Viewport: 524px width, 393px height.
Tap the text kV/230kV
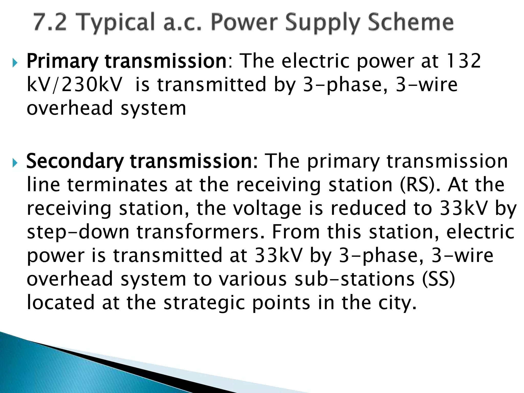point(74,85)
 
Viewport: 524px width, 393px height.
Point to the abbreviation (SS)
point(438,279)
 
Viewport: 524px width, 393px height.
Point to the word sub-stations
point(354,279)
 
